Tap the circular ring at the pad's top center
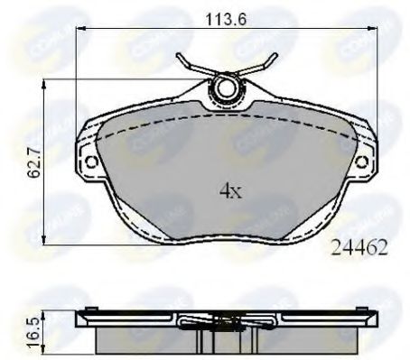click(223, 88)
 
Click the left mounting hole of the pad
click(90, 162)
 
